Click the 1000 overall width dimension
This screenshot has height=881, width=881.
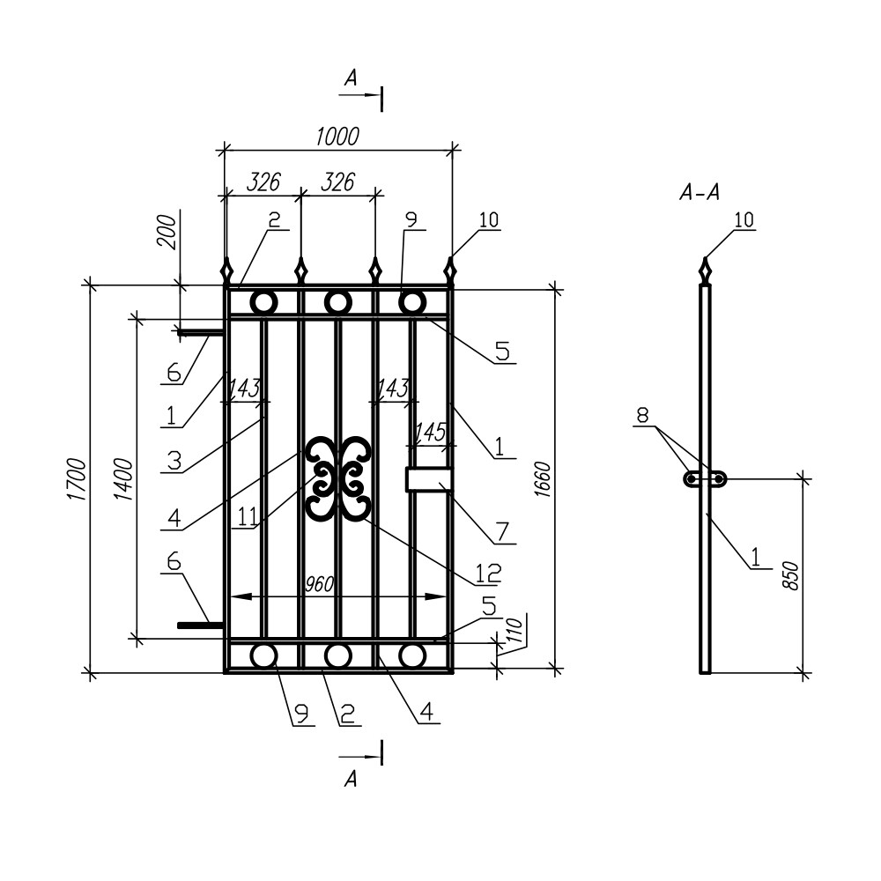tap(337, 136)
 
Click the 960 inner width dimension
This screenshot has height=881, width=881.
tap(322, 584)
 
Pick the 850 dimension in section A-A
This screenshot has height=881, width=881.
tap(789, 574)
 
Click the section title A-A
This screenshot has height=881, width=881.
tap(700, 193)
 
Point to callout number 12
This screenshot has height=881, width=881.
tap(487, 573)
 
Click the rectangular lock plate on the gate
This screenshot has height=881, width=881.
tap(429, 479)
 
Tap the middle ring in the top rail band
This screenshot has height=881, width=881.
tap(337, 302)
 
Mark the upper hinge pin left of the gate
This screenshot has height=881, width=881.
tap(200, 333)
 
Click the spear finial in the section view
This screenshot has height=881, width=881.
tap(705, 270)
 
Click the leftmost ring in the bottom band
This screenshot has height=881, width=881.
tap(263, 655)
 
